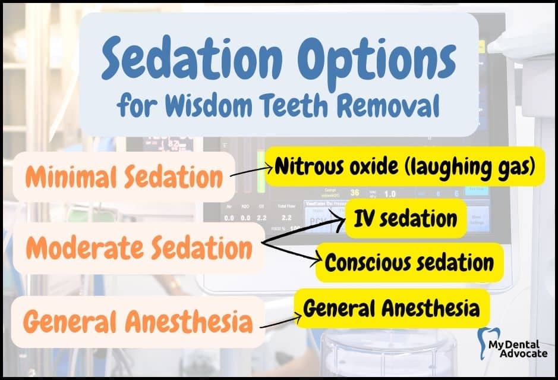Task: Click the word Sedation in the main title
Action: point(192,58)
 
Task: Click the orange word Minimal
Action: point(71,177)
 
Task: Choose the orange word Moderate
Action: point(85,248)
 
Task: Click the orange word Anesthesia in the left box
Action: point(189,321)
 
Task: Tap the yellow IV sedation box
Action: point(406,218)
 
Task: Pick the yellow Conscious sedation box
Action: point(409,262)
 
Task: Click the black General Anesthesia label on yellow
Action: point(392,308)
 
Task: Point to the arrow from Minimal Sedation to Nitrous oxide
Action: point(251,171)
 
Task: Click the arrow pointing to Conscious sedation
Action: point(291,253)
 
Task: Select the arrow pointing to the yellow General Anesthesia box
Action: point(280,322)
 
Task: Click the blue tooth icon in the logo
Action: point(486,343)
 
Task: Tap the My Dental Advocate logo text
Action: point(518,349)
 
